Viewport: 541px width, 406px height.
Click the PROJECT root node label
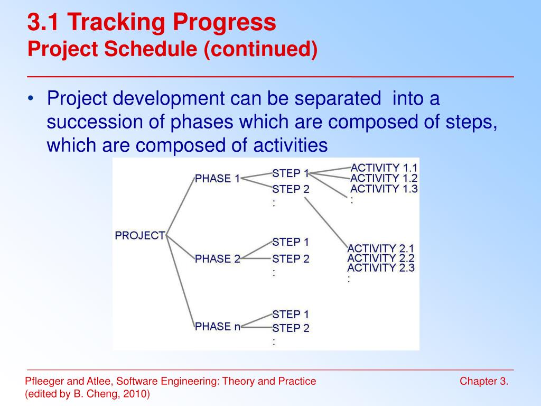140,235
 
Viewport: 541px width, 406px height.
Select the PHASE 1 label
217,179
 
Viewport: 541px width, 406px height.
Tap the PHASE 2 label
217,259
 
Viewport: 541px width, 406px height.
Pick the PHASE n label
217,326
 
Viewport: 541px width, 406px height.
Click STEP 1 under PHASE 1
291,173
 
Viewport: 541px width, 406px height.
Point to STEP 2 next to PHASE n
291,328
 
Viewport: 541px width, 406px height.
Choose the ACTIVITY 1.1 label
384,168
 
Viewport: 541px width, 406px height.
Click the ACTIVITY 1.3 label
384,189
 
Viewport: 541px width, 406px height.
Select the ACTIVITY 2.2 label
381,258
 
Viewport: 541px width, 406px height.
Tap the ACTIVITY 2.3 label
381,267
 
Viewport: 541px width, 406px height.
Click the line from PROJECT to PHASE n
180,281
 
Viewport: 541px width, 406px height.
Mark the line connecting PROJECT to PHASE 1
180,207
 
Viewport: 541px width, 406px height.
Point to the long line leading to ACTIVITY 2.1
326,223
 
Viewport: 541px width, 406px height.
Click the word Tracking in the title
117,22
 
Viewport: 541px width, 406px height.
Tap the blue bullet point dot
31,99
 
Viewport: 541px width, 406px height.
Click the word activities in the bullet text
291,145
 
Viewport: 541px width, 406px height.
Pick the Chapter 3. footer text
484,381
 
